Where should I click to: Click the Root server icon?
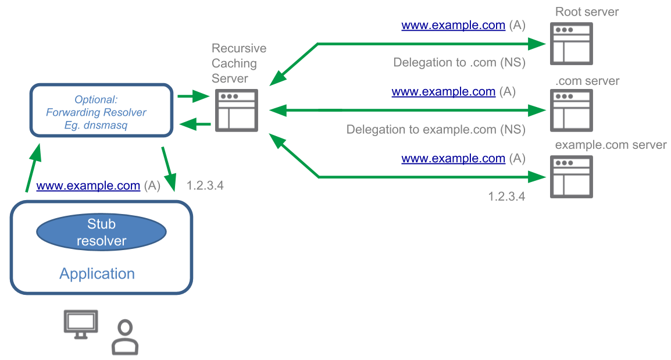click(571, 43)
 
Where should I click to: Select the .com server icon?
click(571, 111)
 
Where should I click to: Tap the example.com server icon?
click(571, 177)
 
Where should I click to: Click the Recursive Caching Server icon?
click(236, 110)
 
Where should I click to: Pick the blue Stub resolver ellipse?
click(102, 232)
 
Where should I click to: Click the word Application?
click(97, 274)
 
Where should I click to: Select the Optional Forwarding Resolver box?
click(102, 111)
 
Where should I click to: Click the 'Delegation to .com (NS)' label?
click(459, 63)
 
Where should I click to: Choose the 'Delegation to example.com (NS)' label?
click(436, 129)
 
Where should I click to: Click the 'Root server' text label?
click(587, 12)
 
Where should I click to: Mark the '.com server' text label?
click(587, 81)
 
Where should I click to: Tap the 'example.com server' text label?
click(611, 145)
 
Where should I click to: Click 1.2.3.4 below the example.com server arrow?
click(506, 197)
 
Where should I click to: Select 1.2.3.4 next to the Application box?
click(205, 186)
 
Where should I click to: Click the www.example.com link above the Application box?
click(88, 186)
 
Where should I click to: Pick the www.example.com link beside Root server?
click(453, 26)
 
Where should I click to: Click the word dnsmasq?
click(108, 124)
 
